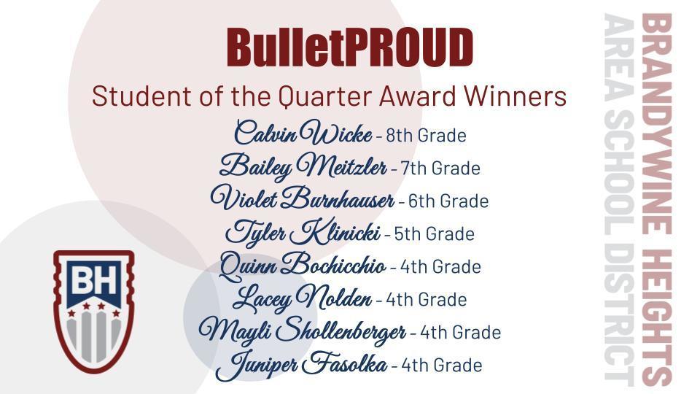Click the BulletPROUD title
(350, 47)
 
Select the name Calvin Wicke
(302, 134)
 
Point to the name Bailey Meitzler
(303, 167)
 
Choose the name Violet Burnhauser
(302, 199)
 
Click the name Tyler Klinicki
(302, 233)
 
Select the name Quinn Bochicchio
(302, 265)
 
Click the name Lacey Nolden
(302, 298)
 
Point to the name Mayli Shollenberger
(302, 331)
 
